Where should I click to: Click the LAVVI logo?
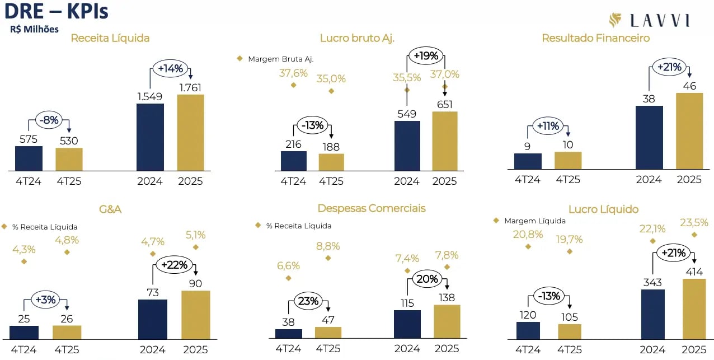649,21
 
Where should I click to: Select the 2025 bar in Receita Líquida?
190,133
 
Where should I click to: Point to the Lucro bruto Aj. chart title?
357,38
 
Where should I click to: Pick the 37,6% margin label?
293,73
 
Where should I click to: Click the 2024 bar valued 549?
407,146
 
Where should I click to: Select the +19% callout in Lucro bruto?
426,55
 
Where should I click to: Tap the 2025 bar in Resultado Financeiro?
689,130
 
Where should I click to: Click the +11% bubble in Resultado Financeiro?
548,126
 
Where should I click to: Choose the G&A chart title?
110,209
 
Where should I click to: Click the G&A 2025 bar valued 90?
195,315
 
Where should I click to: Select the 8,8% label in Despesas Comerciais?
328,246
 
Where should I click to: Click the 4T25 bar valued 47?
328,333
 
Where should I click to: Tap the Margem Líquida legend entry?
534,221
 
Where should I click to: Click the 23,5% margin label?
694,222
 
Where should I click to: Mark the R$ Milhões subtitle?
34,29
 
